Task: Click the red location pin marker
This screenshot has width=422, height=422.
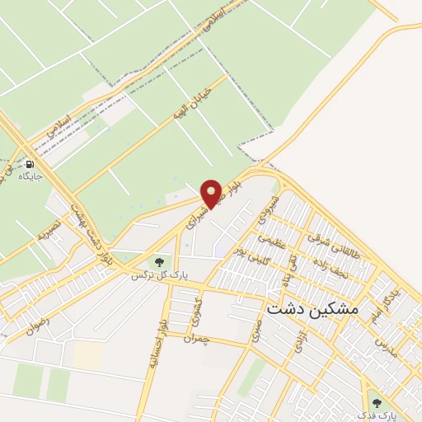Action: click(x=212, y=193)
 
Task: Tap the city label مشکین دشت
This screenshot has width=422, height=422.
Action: click(x=313, y=307)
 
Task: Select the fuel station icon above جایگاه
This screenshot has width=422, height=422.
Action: click(x=30, y=163)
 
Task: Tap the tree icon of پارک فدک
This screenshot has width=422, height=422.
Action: click(x=377, y=402)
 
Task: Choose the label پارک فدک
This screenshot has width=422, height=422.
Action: click(x=377, y=415)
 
